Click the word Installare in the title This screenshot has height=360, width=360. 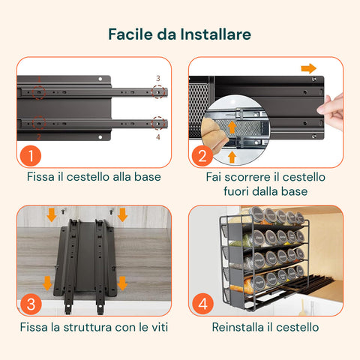coord(215,34)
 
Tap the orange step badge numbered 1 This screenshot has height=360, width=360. coord(31,155)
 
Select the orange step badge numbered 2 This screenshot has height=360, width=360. coord(202,155)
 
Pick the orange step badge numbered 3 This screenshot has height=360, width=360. coord(31,304)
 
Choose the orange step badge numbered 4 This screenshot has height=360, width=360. coord(202,304)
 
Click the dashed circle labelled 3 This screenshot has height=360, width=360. coord(159,91)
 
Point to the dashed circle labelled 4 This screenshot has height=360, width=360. coord(159,123)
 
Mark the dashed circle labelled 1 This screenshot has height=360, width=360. coord(39,92)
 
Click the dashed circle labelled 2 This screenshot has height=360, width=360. coord(39,123)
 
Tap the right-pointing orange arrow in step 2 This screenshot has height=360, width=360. coord(309,68)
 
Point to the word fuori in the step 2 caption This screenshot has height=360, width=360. coord(236,191)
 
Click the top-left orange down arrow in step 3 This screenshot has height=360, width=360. coord(52,214)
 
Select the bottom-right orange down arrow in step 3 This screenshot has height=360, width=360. coord(122,283)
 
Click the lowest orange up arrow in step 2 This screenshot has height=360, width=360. coord(232,157)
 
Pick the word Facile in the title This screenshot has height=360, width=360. coord(130,34)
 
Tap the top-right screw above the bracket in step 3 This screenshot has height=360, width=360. coord(111,211)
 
